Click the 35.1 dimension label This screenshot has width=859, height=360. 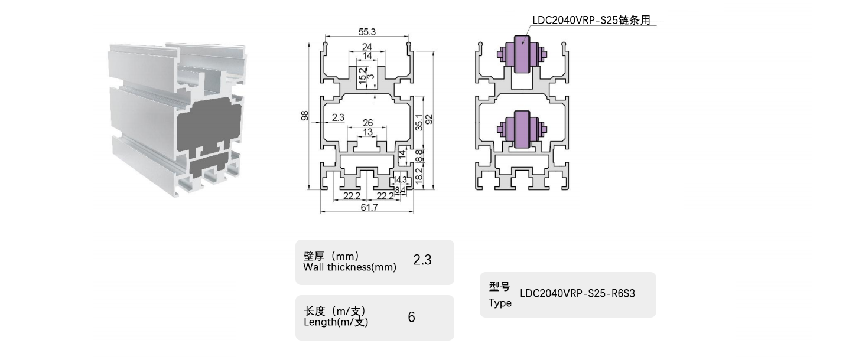pyautogui.click(x=419, y=122)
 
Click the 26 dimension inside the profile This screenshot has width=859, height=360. pyautogui.click(x=367, y=123)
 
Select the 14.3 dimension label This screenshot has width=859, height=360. pyautogui.click(x=401, y=179)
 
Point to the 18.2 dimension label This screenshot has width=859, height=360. pyautogui.click(x=419, y=175)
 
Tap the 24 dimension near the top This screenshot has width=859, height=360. pyautogui.click(x=367, y=47)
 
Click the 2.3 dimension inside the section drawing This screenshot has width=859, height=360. pyautogui.click(x=338, y=118)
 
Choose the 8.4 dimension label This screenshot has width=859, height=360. pyautogui.click(x=400, y=190)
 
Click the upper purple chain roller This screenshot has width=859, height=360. pyautogui.click(x=520, y=54)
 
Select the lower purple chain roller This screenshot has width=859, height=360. pyautogui.click(x=520, y=128)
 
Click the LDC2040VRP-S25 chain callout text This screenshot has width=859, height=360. pyautogui.click(x=591, y=20)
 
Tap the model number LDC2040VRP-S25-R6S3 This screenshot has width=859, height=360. pyautogui.click(x=577, y=293)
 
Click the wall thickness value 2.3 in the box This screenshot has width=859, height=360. pyautogui.click(x=422, y=260)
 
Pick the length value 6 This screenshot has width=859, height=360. pyautogui.click(x=411, y=317)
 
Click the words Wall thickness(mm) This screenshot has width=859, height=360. pyautogui.click(x=349, y=267)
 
